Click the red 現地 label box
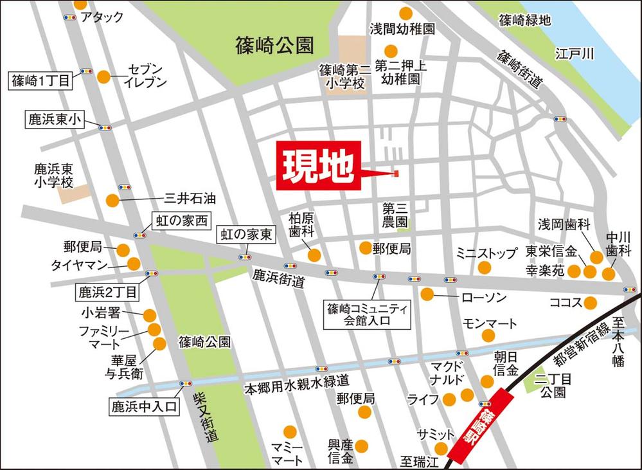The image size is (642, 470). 319,166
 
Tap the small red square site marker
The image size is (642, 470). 396,173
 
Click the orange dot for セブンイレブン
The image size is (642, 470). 103,77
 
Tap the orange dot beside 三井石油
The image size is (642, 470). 112,200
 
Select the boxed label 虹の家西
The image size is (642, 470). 181,221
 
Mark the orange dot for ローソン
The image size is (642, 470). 427,295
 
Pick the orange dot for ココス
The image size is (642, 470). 590,302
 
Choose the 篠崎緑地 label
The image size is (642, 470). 524,20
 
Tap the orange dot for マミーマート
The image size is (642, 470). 290,432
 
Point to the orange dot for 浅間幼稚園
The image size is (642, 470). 406,13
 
